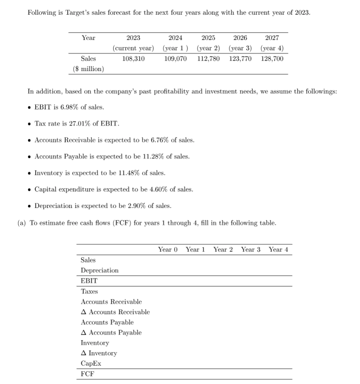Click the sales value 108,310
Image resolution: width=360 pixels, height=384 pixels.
(133, 59)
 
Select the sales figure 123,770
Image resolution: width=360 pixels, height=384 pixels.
(240, 59)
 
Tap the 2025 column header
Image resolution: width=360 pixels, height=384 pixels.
(208, 38)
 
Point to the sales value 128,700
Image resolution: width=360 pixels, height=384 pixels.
(272, 59)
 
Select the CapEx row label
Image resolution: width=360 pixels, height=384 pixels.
(91, 363)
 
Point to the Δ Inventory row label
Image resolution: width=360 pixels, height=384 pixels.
(99, 353)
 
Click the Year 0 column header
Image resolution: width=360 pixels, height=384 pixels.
(168, 249)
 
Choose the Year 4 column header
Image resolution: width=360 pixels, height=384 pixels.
(278, 249)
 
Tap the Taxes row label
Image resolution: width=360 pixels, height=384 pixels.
(89, 291)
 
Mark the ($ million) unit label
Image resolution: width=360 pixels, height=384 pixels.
(88, 69)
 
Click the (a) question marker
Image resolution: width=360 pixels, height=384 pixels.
(22, 223)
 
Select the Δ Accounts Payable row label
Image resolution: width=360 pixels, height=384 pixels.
(111, 333)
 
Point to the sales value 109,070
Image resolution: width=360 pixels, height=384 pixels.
(176, 59)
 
